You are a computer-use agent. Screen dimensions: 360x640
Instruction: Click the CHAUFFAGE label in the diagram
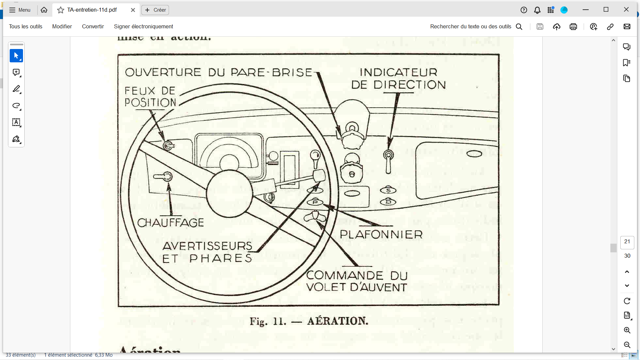pyautogui.click(x=170, y=223)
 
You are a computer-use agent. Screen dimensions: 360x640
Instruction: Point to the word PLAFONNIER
pyautogui.click(x=381, y=235)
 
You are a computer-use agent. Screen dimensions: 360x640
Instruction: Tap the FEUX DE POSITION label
pyautogui.click(x=150, y=97)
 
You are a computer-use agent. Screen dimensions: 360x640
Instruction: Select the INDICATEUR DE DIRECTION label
pyautogui.click(x=398, y=79)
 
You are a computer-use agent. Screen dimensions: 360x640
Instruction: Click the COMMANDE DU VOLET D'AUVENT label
pyautogui.click(x=357, y=281)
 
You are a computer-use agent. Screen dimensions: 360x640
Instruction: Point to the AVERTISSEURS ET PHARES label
pyautogui.click(x=207, y=252)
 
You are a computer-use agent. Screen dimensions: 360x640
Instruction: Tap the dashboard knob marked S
pyautogui.click(x=388, y=190)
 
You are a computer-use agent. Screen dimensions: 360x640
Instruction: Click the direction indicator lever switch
pyautogui.click(x=388, y=162)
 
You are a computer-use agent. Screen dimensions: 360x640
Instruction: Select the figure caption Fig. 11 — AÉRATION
pyautogui.click(x=309, y=321)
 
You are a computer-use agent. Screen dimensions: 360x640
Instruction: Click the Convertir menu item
pyautogui.click(x=93, y=27)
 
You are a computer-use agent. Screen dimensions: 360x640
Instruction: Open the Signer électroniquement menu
pyautogui.click(x=143, y=27)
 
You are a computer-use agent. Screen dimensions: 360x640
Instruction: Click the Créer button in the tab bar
pyautogui.click(x=155, y=10)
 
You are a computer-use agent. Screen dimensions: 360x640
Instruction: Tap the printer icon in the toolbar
pyautogui.click(x=573, y=27)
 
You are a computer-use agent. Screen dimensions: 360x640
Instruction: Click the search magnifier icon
pyautogui.click(x=519, y=27)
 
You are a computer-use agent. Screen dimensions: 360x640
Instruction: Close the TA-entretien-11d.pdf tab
pyautogui.click(x=133, y=10)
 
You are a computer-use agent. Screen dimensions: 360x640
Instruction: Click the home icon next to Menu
pyautogui.click(x=44, y=10)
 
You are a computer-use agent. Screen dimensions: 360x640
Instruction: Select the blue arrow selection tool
pyautogui.click(x=16, y=56)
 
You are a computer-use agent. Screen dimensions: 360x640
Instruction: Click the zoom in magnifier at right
pyautogui.click(x=627, y=330)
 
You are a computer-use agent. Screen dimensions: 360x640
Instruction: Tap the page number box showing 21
pyautogui.click(x=627, y=242)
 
